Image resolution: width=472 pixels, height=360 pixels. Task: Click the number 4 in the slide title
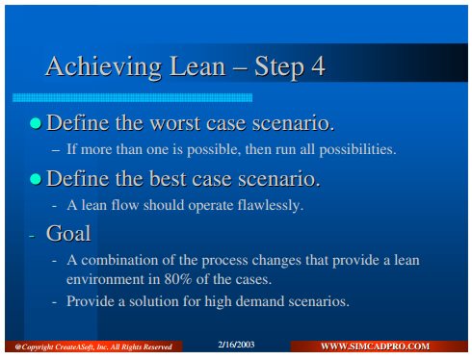[x=318, y=66]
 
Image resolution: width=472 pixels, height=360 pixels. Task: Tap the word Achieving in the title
[x=103, y=67]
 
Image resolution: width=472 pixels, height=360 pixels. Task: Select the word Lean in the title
[x=197, y=66]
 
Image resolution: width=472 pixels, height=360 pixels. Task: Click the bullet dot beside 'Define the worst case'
[x=36, y=123]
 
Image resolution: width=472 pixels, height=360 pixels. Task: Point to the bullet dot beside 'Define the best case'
[x=36, y=179]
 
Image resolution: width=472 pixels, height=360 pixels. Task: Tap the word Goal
[x=68, y=233]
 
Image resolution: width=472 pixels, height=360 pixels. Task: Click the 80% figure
[x=178, y=279]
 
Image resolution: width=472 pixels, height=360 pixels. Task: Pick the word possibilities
[x=357, y=149]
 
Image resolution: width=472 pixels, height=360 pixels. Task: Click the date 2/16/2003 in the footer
[x=236, y=345]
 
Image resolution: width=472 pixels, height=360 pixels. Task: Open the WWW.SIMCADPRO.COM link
[x=375, y=347]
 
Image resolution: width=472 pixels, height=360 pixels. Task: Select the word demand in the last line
[x=262, y=301]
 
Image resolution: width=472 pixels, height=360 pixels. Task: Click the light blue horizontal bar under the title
[x=132, y=97]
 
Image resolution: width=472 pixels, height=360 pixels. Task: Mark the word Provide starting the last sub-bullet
[x=88, y=301]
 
